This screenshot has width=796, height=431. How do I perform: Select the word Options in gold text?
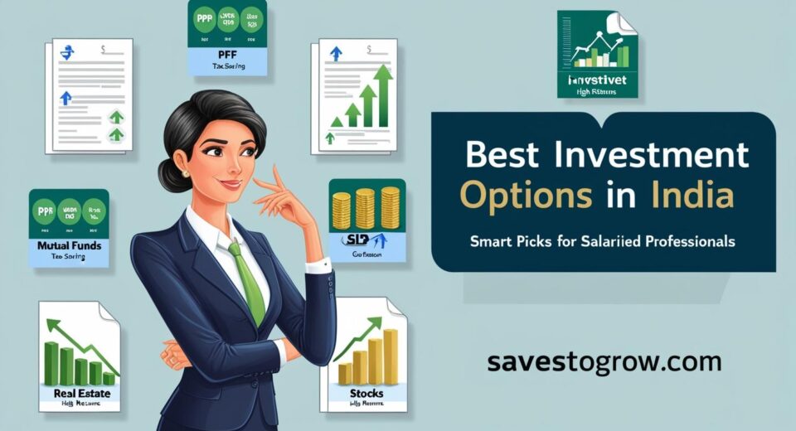pyautogui.click(x=526, y=198)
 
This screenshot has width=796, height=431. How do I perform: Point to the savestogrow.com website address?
pyautogui.click(x=604, y=362)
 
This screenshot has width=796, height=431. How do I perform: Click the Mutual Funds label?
pyautogui.click(x=69, y=246)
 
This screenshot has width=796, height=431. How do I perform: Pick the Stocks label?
pyautogui.click(x=368, y=393)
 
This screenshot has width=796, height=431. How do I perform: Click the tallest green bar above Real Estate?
pyautogui.click(x=51, y=363)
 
